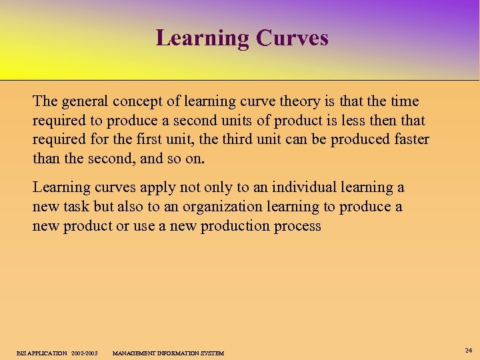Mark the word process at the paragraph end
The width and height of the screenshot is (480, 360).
point(297,226)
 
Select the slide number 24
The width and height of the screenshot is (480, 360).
point(468,349)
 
